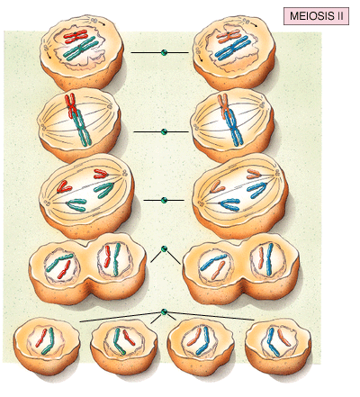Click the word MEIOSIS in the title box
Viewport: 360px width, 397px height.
point(310,16)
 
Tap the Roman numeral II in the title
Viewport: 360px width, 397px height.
point(338,16)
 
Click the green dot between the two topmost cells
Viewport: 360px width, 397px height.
point(164,52)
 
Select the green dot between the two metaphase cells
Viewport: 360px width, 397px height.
point(164,131)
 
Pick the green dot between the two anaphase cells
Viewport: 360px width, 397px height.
point(164,200)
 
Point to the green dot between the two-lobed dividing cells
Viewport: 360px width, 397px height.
point(164,248)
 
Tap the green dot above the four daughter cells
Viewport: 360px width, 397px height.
point(164,312)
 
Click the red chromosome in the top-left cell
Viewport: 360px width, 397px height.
point(76,35)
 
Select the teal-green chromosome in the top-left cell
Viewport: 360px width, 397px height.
point(80,49)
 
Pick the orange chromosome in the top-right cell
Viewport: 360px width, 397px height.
point(229,35)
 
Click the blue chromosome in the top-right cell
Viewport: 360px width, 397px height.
point(233,48)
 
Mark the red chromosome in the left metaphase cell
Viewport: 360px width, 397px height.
point(71,105)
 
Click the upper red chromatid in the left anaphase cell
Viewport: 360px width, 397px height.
point(102,174)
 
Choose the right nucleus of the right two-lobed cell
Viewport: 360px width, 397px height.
point(267,258)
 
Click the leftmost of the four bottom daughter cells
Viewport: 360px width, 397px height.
point(47,346)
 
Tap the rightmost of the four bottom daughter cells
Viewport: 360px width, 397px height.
point(278,346)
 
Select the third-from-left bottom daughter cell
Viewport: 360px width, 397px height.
point(201,345)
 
